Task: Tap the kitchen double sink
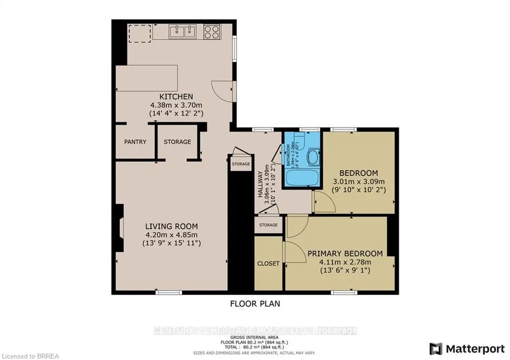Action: coord(182,32)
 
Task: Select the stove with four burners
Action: coord(211,32)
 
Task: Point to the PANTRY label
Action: coord(135,142)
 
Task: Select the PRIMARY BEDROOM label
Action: coord(345,253)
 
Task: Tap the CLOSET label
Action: coord(268,263)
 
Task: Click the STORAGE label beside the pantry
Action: coord(177,142)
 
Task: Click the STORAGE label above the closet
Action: coord(268,225)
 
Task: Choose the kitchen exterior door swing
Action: coord(223,90)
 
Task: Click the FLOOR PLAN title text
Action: coord(255,303)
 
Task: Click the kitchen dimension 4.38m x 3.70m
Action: coord(176,105)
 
